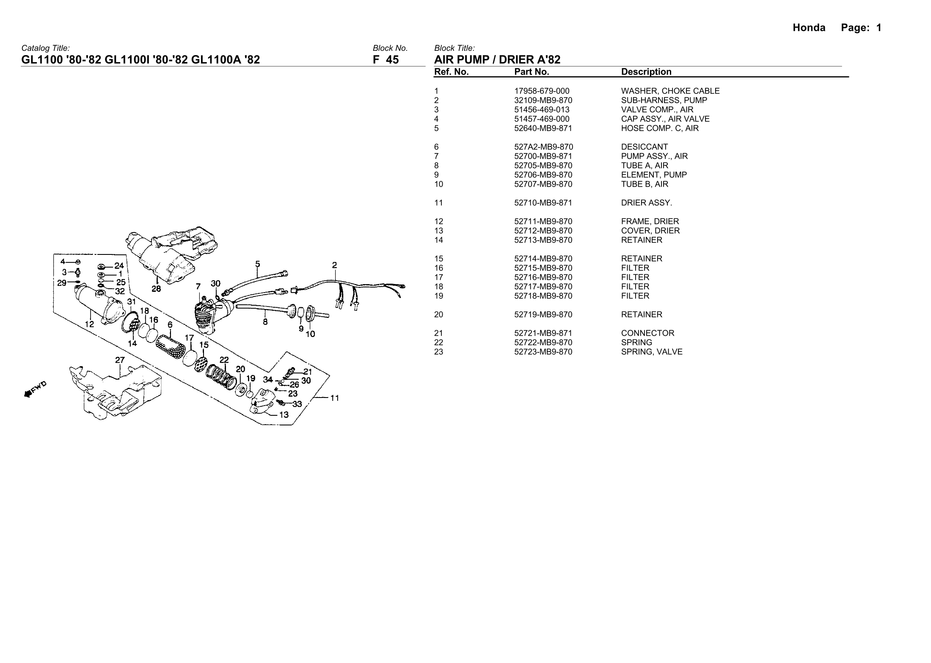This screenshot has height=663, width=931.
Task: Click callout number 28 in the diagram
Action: coord(156,289)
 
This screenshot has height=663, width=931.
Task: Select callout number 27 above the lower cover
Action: coord(120,360)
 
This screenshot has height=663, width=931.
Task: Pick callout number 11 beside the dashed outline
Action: coord(334,398)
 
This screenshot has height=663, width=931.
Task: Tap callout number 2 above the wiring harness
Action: coord(334,265)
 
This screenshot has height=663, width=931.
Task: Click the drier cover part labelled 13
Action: coord(263,400)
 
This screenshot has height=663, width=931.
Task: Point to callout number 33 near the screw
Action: coord(297,404)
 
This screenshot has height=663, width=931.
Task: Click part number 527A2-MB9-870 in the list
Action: coord(543,147)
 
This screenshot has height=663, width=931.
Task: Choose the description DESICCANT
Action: coord(644,147)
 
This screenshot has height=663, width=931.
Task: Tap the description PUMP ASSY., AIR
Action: coord(654,156)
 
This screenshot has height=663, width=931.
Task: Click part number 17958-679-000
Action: coord(542,91)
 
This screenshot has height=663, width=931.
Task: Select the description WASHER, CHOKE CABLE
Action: coord(670,91)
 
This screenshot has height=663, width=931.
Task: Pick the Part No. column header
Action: coord(532,72)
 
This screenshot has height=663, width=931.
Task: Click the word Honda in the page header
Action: coord(809,28)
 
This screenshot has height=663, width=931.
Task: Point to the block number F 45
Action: coord(386,60)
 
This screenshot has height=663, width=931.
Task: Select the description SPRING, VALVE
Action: coord(652,352)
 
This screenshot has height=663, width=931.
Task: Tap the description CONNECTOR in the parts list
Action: coord(647,333)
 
